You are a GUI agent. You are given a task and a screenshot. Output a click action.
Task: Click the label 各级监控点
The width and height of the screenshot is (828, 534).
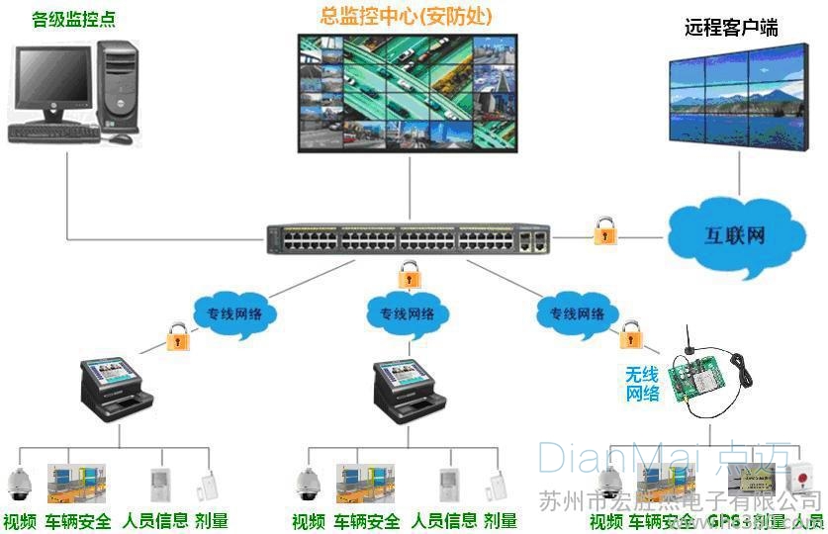(73, 18)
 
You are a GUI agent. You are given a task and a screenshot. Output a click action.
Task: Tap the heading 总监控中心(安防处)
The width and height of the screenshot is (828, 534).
(407, 16)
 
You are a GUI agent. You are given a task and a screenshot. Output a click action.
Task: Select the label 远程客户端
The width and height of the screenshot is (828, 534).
(731, 28)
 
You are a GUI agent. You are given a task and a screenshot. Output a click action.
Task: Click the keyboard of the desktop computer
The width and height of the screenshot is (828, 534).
(54, 133)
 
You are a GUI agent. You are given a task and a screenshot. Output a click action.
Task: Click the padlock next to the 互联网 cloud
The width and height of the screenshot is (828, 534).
(604, 231)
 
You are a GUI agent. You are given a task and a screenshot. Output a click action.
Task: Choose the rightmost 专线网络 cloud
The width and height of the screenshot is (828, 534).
(577, 313)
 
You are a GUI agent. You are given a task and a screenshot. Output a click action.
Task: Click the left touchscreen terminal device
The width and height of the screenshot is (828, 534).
(114, 386)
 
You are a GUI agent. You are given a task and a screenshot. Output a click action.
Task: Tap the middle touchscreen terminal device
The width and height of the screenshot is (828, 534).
(407, 389)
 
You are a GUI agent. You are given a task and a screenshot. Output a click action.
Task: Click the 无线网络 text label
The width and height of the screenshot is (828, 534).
(642, 384)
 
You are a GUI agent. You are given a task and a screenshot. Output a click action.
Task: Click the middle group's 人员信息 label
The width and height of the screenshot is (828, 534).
(444, 520)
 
